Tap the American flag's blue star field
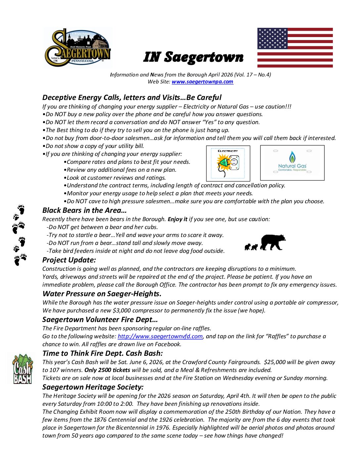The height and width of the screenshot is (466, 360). tap(272, 38)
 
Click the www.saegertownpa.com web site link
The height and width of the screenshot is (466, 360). tap(202, 82)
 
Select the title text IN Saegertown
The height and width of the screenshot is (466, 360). tap(193, 57)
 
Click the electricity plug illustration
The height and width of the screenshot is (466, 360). tap(228, 163)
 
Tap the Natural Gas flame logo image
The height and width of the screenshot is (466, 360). tap(292, 163)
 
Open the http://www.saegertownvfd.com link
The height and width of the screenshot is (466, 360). tap(160, 336)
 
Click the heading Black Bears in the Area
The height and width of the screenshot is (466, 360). tap(84, 210)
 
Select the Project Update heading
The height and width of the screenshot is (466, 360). tap(69, 260)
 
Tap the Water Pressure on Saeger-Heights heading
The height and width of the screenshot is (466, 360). tap(102, 294)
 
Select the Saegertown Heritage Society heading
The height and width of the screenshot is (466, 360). tap(93, 387)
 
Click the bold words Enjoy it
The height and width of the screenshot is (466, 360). tap(177, 219)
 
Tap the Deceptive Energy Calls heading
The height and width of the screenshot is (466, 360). tap(132, 97)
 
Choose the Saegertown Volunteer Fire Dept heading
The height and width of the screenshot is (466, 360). tap(100, 319)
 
